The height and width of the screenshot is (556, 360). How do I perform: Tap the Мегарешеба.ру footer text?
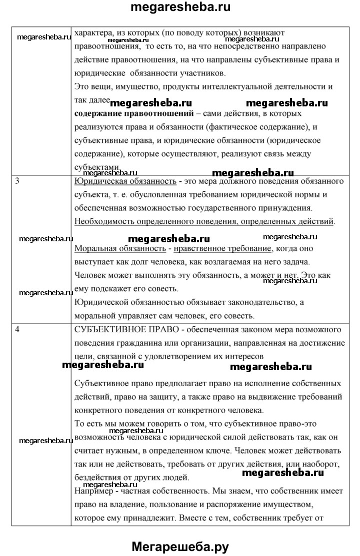[180, 547]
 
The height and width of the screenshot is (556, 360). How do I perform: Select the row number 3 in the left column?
[17, 181]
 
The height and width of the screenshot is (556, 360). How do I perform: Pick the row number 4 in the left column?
[17, 330]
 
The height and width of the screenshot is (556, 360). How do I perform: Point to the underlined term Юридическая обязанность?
[125, 181]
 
